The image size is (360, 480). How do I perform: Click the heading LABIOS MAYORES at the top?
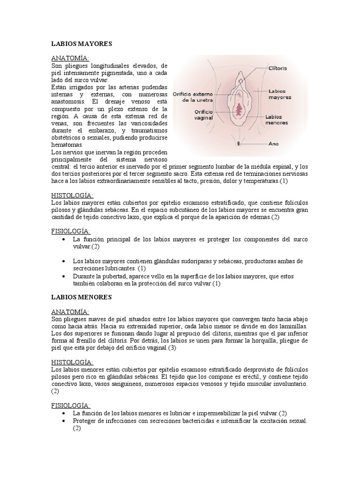tap(82, 44)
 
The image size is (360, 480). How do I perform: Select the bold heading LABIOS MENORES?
tap(81, 297)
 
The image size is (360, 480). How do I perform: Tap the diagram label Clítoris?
tap(278, 68)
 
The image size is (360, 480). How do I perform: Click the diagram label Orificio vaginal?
tap(203, 115)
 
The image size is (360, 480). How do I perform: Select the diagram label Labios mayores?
tap(280, 94)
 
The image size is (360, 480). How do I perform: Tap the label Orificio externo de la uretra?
tap(193, 97)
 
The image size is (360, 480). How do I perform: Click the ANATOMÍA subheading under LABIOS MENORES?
tap(73, 312)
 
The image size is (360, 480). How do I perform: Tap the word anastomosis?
tap(68, 101)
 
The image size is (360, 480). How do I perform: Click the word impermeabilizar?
tap(207, 413)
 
